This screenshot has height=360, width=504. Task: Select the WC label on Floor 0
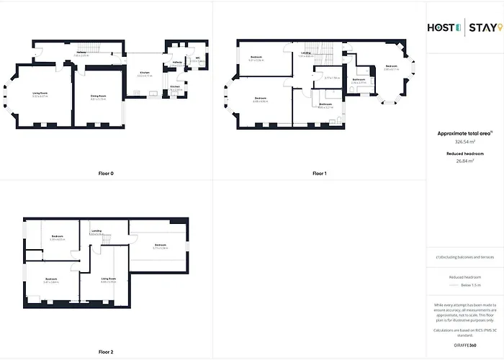coord(197,58)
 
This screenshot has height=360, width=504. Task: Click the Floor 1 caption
coord(319,174)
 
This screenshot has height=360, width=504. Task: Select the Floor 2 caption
coord(106,352)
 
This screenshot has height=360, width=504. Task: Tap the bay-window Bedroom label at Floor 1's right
coord(391,67)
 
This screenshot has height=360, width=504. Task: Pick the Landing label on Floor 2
coord(96,231)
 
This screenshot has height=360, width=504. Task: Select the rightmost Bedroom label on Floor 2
coord(161,246)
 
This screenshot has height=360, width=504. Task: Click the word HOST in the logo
coord(441,28)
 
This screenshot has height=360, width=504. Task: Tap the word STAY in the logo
coord(482,28)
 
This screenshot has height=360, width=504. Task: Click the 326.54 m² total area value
coord(464,142)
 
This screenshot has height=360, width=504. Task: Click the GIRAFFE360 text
coord(465,345)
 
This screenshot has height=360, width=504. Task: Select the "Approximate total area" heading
coord(464,133)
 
